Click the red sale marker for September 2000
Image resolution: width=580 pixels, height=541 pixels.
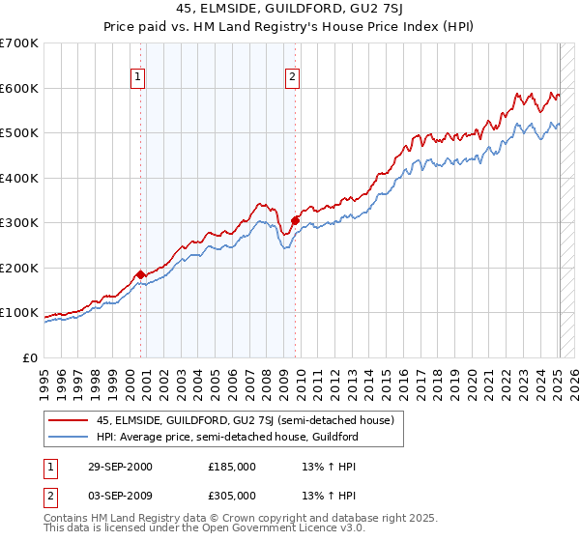141,274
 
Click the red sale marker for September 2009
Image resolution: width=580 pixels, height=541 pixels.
294,221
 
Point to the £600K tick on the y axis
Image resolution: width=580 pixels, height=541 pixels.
19,88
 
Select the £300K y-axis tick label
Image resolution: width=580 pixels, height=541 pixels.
19,223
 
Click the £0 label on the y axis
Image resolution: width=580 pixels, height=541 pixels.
29,357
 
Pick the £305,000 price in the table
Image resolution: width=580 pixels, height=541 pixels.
231,494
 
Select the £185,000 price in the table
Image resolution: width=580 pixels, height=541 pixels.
231,467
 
